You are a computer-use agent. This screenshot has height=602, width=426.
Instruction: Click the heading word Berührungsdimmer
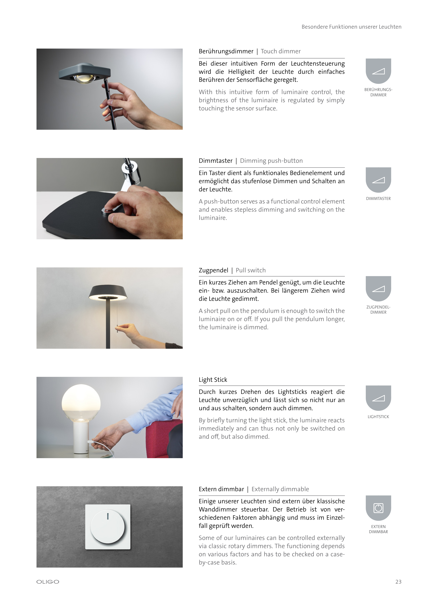(x=226, y=51)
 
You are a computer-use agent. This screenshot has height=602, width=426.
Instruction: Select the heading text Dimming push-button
(x=271, y=161)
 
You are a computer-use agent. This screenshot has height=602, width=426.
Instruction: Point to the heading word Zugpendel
(x=213, y=270)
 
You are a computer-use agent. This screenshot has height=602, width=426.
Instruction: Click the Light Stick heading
(x=213, y=380)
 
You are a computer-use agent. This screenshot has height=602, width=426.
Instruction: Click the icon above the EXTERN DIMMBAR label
(x=378, y=508)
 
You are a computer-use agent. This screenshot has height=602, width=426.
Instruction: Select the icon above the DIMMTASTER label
(x=378, y=180)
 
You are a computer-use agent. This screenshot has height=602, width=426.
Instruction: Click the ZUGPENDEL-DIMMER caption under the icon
(x=378, y=310)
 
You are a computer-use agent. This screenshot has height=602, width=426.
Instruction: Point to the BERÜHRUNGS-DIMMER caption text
(x=378, y=92)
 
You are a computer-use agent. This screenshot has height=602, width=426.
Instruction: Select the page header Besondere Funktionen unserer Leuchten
(x=351, y=27)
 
